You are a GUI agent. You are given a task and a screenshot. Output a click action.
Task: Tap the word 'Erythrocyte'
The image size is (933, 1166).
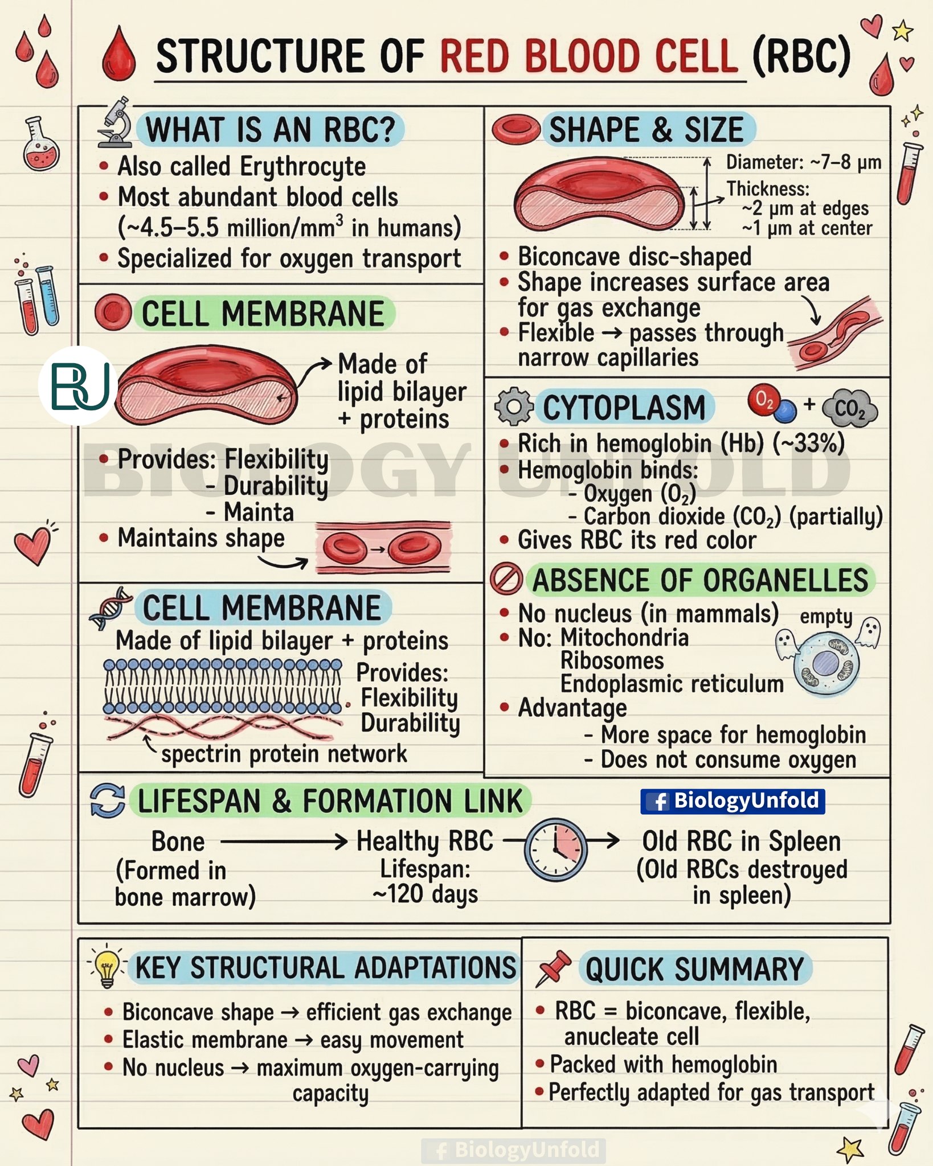coord(302,167)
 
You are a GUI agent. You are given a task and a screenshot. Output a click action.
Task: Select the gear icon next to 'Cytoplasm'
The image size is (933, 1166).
coord(513,407)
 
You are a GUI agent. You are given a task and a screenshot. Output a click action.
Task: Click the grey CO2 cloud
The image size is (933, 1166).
coord(850,408)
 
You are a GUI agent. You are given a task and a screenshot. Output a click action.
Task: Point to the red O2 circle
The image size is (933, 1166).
coord(763,400)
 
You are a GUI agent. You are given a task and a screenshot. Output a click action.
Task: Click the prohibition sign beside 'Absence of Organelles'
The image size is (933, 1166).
coord(506,579)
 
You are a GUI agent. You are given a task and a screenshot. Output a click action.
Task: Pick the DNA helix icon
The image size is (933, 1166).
coord(111,609)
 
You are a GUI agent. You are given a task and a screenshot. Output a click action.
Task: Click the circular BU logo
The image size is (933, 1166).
coord(78,385)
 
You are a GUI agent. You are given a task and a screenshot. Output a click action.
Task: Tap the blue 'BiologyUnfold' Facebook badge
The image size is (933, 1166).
coord(733,801)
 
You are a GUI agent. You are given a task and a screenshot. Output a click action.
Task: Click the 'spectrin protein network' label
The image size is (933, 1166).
coord(284,754)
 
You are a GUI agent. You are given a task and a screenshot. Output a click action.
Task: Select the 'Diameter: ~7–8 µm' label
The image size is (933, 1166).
coord(804,163)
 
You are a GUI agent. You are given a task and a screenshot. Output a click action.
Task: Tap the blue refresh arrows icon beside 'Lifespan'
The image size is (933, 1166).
coord(107,801)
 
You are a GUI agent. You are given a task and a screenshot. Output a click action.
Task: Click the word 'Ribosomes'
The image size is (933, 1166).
coord(612,660)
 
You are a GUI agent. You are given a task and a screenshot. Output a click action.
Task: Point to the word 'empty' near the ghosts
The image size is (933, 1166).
coord(826,617)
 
